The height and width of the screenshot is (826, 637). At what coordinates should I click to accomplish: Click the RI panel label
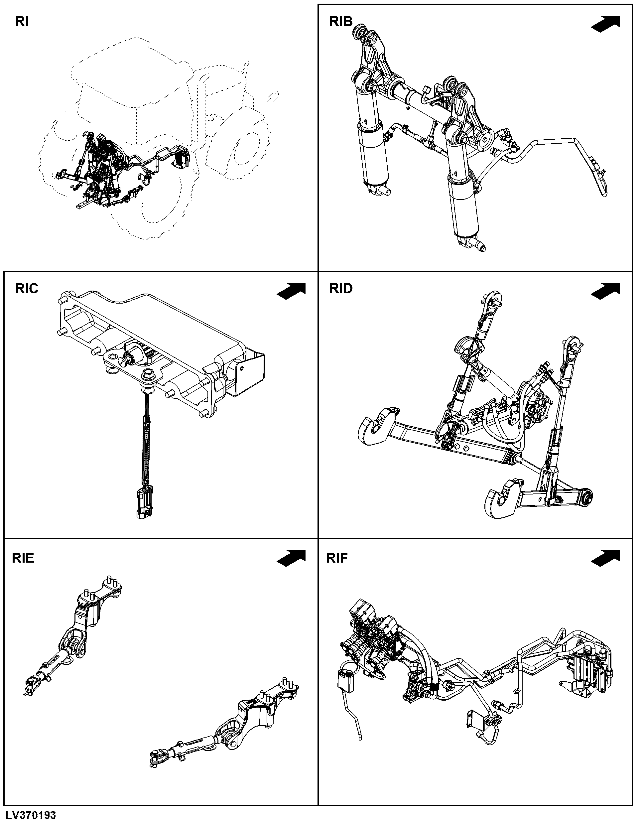(22, 22)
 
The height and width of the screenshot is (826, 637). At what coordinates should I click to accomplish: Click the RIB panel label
(341, 22)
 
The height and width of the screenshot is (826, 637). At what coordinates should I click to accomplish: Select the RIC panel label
(27, 289)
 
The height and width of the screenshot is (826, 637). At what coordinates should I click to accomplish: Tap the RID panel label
(341, 289)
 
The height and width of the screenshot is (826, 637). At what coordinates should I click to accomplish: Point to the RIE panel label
(23, 558)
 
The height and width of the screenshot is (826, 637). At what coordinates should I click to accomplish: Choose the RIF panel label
(336, 558)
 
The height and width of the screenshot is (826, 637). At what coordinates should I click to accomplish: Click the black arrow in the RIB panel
(605, 24)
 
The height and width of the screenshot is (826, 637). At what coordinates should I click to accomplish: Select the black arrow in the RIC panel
(291, 291)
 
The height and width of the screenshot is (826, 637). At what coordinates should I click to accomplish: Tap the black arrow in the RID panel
(605, 291)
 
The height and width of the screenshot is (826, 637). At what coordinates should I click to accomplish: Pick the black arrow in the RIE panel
(291, 559)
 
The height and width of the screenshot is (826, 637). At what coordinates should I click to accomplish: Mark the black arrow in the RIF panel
(605, 559)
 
